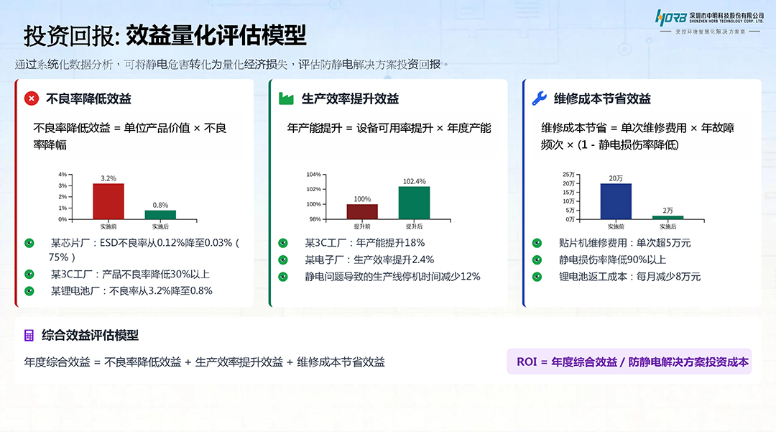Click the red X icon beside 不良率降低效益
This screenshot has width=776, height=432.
tap(31, 99)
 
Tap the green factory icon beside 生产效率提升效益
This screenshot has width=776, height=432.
tap(286, 99)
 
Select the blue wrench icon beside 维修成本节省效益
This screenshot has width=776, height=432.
tap(539, 99)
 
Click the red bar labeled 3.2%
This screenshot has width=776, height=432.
tap(108, 201)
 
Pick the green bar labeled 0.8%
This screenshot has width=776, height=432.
tap(160, 214)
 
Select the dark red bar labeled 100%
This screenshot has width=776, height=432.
tap(362, 211)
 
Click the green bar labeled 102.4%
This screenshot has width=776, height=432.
tap(414, 203)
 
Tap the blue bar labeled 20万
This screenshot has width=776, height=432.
tap(616, 201)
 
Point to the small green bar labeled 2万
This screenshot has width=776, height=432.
tap(668, 217)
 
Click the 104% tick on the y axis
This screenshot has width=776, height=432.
tap(313, 175)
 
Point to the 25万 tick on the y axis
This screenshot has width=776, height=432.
tap(568, 175)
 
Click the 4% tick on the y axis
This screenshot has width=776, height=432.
tap(63, 175)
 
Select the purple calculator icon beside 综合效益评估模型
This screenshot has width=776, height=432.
tap(29, 336)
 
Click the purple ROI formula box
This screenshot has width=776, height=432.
tap(632, 362)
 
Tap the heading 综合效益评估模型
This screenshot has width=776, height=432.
tap(91, 336)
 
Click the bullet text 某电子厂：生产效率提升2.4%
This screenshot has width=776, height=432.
tap(369, 259)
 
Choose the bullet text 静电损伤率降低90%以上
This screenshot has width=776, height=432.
tap(612, 259)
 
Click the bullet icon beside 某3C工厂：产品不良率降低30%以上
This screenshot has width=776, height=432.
tap(29, 274)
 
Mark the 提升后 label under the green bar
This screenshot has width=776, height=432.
tap(414, 226)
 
